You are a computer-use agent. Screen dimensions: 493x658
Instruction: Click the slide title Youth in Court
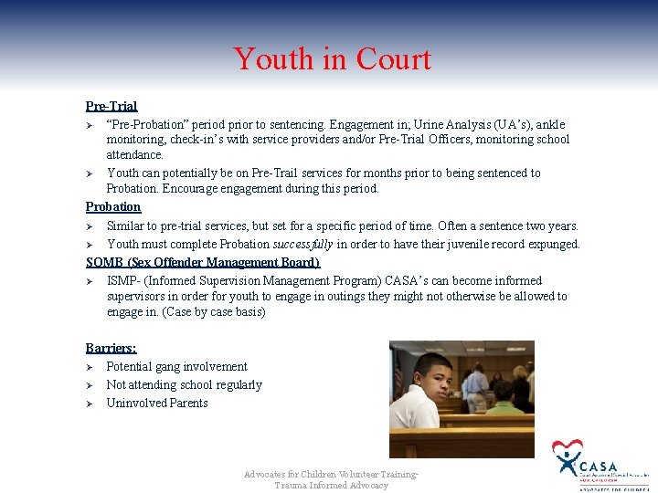(331, 59)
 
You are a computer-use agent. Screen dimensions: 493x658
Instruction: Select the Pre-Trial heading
(111, 107)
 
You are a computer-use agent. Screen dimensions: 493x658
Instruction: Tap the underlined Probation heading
(113, 207)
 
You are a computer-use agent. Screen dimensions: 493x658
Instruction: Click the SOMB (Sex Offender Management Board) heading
(202, 263)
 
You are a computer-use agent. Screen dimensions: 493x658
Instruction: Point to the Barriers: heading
(111, 348)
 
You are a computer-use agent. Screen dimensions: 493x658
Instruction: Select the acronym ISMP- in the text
(124, 281)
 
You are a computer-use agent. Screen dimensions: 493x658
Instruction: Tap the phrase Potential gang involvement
(176, 367)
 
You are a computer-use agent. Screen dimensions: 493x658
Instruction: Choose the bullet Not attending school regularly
(184, 385)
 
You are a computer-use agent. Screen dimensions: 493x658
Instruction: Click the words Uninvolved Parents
(157, 404)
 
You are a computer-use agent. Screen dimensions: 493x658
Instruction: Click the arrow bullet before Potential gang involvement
(90, 367)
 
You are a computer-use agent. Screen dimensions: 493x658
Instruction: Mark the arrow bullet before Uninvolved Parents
(90, 404)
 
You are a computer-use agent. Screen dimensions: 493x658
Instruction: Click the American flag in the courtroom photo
(398, 375)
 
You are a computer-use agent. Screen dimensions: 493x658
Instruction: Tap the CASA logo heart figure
(567, 454)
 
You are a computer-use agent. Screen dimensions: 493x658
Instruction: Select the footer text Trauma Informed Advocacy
(331, 486)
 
